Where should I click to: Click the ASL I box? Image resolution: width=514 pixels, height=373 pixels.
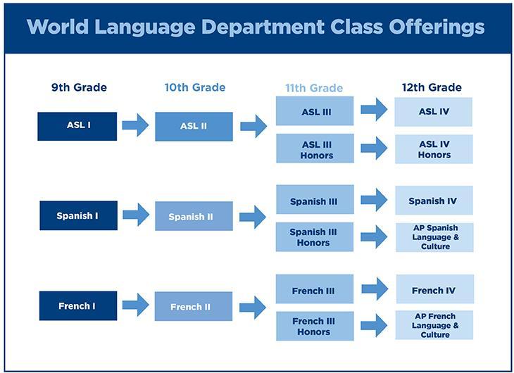tap(77, 127)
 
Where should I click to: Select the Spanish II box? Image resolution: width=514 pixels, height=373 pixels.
tap(194, 216)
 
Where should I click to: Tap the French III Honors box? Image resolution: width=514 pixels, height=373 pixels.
tap(315, 326)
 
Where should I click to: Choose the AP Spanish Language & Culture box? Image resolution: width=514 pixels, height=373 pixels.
tap(434, 237)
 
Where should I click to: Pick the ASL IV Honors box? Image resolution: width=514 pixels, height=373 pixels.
tap(434, 149)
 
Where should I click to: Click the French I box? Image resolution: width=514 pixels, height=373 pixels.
tap(78, 306)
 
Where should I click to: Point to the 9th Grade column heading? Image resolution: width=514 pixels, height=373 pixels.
tap(79, 87)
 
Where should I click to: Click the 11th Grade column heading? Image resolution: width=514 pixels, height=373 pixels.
tap(314, 88)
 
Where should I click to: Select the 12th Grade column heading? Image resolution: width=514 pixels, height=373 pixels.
tap(432, 87)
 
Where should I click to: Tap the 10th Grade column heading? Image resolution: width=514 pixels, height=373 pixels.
tap(195, 87)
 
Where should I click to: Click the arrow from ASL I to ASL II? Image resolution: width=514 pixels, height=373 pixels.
tap(135, 125)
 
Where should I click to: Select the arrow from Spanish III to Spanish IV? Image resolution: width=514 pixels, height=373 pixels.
tap(374, 200)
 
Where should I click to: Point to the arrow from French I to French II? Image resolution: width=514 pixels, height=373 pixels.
tap(136, 305)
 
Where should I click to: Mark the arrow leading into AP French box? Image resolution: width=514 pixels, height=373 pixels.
tap(374, 325)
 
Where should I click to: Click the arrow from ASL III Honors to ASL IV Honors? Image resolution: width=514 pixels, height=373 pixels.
tap(374, 148)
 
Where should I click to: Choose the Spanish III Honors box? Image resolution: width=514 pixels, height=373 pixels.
tap(315, 237)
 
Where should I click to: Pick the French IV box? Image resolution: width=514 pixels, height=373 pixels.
tap(434, 289)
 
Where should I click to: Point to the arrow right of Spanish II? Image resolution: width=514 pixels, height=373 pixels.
tap(252, 217)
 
